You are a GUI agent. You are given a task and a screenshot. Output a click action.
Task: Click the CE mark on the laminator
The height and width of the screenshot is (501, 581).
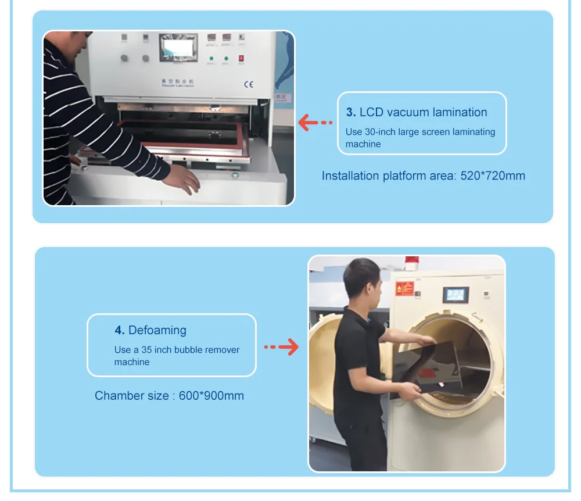point(248,84)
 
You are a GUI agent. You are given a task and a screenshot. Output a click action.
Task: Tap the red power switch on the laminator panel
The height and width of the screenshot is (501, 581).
point(242,58)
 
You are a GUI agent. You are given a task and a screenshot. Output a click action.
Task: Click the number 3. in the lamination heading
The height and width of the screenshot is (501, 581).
point(351,112)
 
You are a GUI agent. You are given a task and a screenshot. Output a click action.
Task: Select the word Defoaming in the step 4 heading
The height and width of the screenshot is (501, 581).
point(157,330)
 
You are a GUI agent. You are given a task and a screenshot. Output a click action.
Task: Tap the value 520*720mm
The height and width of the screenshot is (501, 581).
point(493,176)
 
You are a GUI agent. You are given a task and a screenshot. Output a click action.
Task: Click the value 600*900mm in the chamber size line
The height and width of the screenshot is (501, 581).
point(211,396)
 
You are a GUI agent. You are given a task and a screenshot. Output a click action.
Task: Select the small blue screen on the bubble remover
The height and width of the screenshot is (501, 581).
point(456,294)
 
